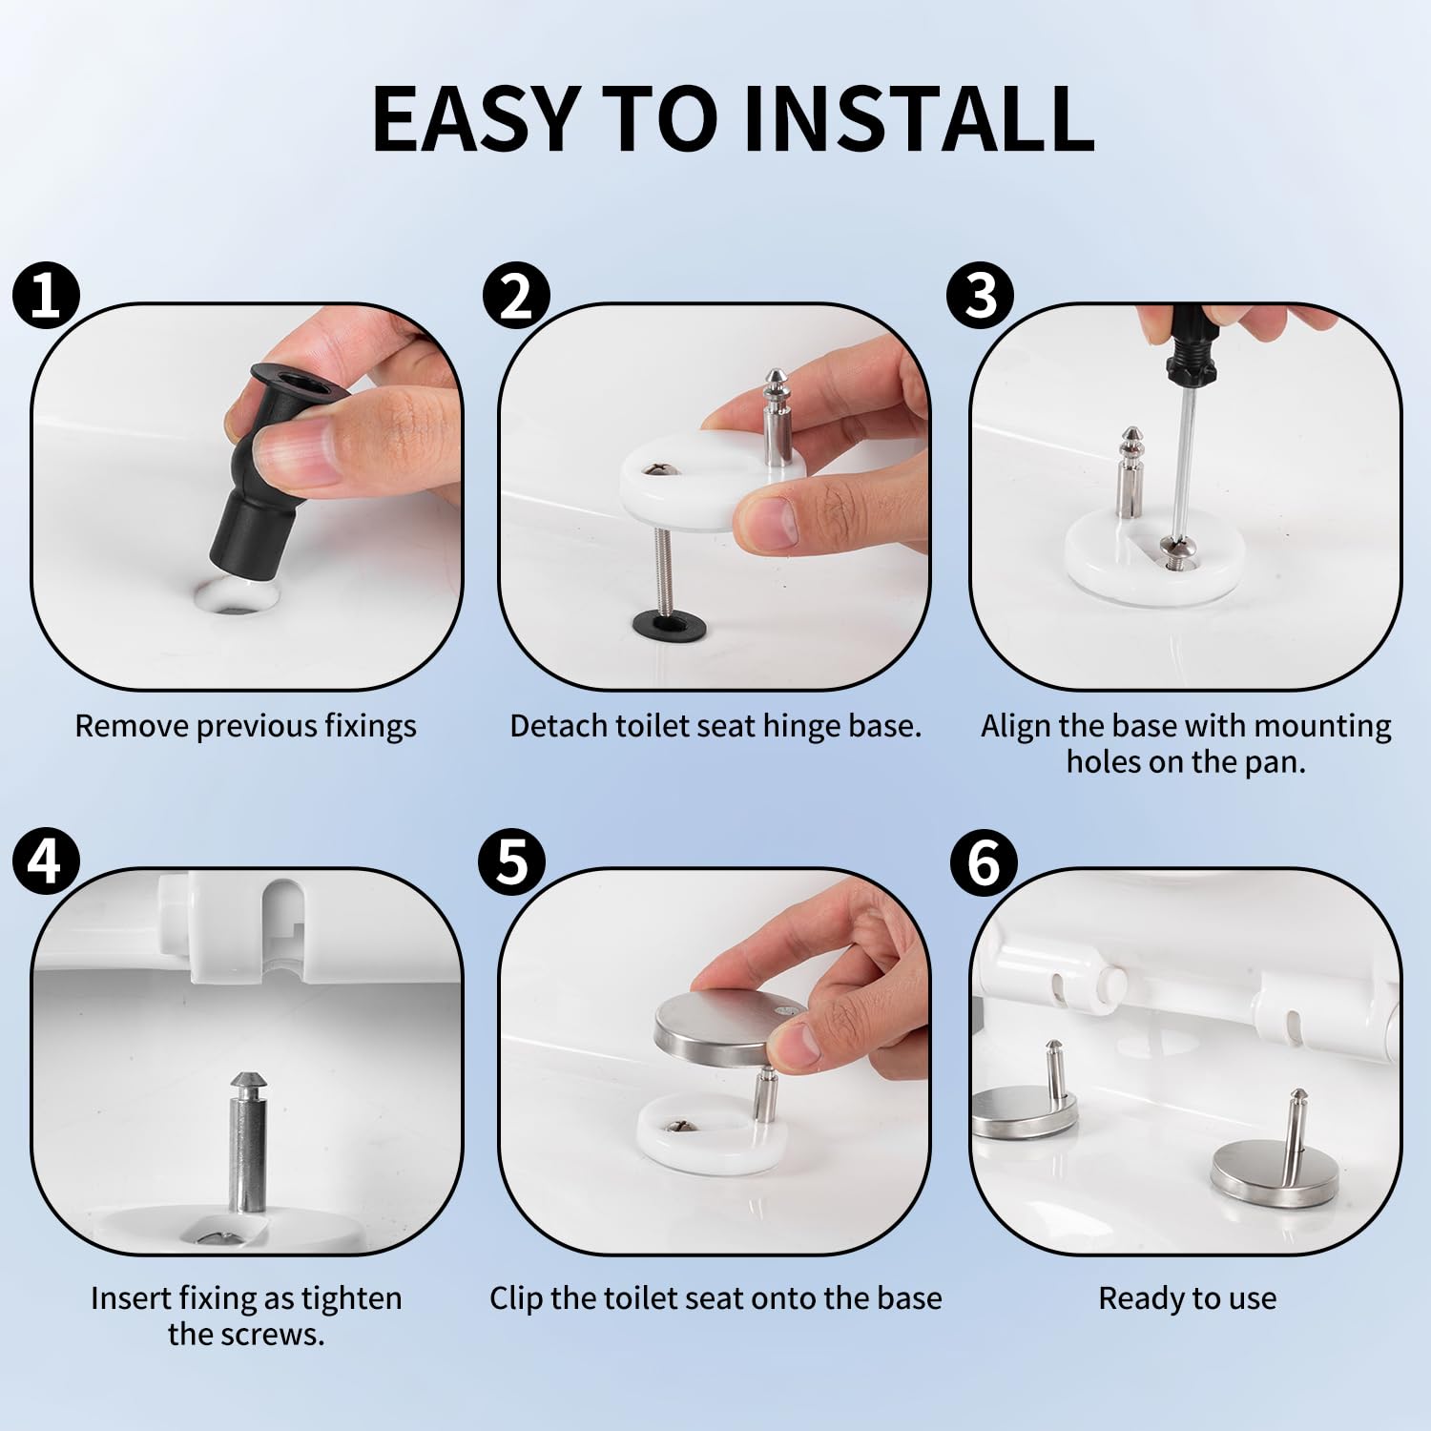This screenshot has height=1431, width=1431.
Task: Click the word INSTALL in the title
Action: [920, 118]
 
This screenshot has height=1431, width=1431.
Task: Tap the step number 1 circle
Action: [44, 296]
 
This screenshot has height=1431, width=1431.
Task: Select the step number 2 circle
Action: [516, 296]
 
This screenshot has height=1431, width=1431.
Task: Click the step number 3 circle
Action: [980, 296]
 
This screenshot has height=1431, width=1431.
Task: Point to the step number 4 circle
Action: [44, 861]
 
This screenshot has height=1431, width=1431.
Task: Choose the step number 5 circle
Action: [511, 861]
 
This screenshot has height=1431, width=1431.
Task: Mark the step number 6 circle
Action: [984, 861]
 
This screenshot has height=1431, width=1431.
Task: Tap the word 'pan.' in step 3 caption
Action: [1275, 763]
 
